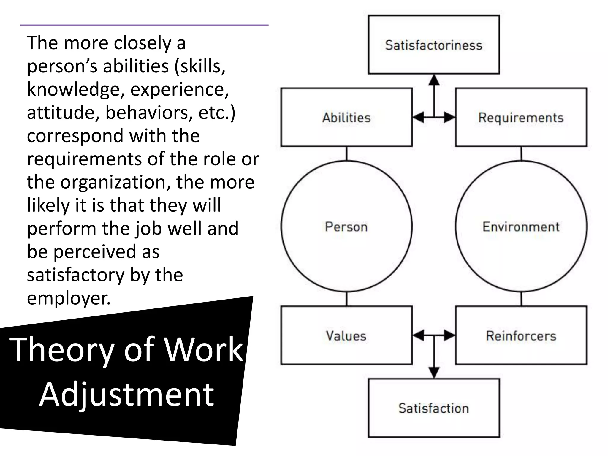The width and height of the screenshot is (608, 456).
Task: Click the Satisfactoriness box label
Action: [x=434, y=45]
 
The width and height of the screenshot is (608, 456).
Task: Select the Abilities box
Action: [x=346, y=117]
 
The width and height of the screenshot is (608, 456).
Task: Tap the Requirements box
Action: [x=521, y=117]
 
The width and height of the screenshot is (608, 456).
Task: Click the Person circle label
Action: [x=346, y=227]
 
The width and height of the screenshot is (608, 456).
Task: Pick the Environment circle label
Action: [x=521, y=227]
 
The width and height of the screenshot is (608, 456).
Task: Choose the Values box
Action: [x=346, y=335]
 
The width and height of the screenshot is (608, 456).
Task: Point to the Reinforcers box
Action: [x=521, y=335]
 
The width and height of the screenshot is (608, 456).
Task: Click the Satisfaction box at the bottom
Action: [x=434, y=408]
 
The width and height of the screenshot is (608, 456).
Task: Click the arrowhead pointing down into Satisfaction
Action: [x=434, y=372]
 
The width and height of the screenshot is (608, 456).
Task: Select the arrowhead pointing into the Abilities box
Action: [x=418, y=118]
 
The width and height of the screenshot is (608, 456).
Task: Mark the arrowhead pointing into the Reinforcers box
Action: [x=449, y=336]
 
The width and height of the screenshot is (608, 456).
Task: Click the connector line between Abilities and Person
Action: [x=346, y=153]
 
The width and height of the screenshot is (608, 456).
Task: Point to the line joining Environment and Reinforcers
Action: [x=521, y=299]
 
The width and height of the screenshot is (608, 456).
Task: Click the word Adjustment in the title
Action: [x=126, y=395]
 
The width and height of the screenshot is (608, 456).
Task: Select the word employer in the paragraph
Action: [x=69, y=298]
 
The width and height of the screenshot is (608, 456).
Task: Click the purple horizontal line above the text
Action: [x=144, y=26]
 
